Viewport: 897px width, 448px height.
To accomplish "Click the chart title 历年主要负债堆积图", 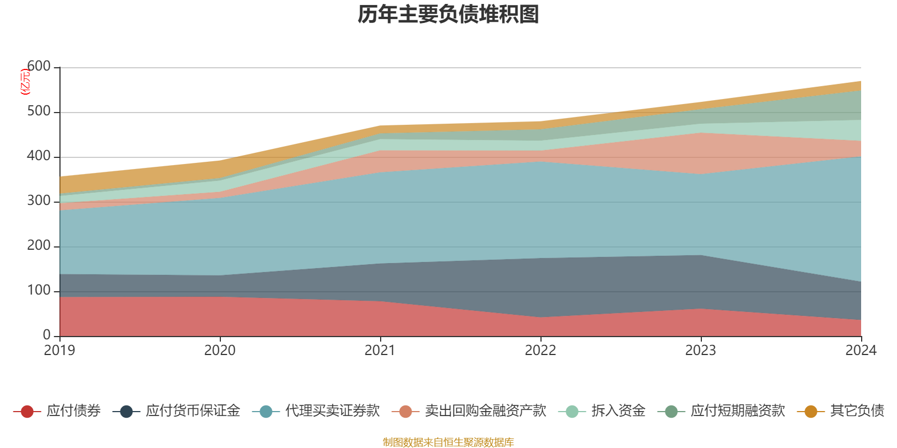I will [x=449, y=15].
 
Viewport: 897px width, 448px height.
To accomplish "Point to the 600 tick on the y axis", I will [x=39, y=67].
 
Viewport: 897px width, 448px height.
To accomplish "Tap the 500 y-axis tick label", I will [x=39, y=111].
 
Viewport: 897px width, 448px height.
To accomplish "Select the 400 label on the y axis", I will [x=39, y=156].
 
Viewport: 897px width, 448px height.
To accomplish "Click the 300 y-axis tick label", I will [x=39, y=201].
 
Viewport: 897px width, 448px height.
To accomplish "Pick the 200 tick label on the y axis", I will [x=39, y=246].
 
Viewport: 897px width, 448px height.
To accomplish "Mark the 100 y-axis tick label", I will [x=39, y=291].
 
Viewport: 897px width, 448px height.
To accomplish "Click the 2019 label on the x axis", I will [x=59, y=351].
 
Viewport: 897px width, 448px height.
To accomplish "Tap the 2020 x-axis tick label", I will [x=220, y=351].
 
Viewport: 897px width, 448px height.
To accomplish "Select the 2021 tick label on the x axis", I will [x=380, y=351].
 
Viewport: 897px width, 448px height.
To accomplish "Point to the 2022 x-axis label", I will [x=540, y=351].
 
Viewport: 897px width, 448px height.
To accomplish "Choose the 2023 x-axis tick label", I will [x=701, y=351].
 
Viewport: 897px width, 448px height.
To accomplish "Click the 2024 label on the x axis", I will [x=861, y=351].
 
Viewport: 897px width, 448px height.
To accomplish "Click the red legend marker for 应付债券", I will [x=27, y=412].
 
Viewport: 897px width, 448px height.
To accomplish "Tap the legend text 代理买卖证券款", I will [x=332, y=411].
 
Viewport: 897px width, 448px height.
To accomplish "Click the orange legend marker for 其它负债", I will [x=811, y=412].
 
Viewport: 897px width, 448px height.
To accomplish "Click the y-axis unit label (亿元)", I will [x=25, y=82].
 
